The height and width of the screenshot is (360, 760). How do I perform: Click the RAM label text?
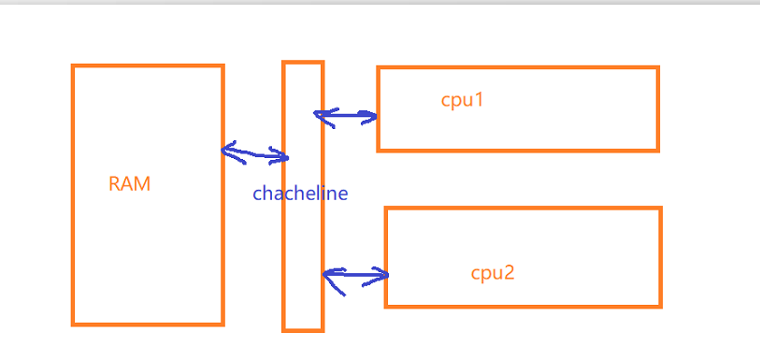click(x=129, y=184)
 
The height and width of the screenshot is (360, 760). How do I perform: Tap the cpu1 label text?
click(x=462, y=100)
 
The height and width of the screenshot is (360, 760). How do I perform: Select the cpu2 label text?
click(x=493, y=273)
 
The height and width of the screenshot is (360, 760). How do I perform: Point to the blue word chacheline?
click(x=300, y=194)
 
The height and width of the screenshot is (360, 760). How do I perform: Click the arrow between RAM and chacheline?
click(x=255, y=152)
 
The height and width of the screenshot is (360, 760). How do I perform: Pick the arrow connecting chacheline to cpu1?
click(x=346, y=117)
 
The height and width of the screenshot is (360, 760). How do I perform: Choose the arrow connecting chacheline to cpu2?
click(x=355, y=275)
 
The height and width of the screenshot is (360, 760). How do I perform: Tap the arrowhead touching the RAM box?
click(x=229, y=149)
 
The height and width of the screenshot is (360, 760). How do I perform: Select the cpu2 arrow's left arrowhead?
click(x=330, y=275)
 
